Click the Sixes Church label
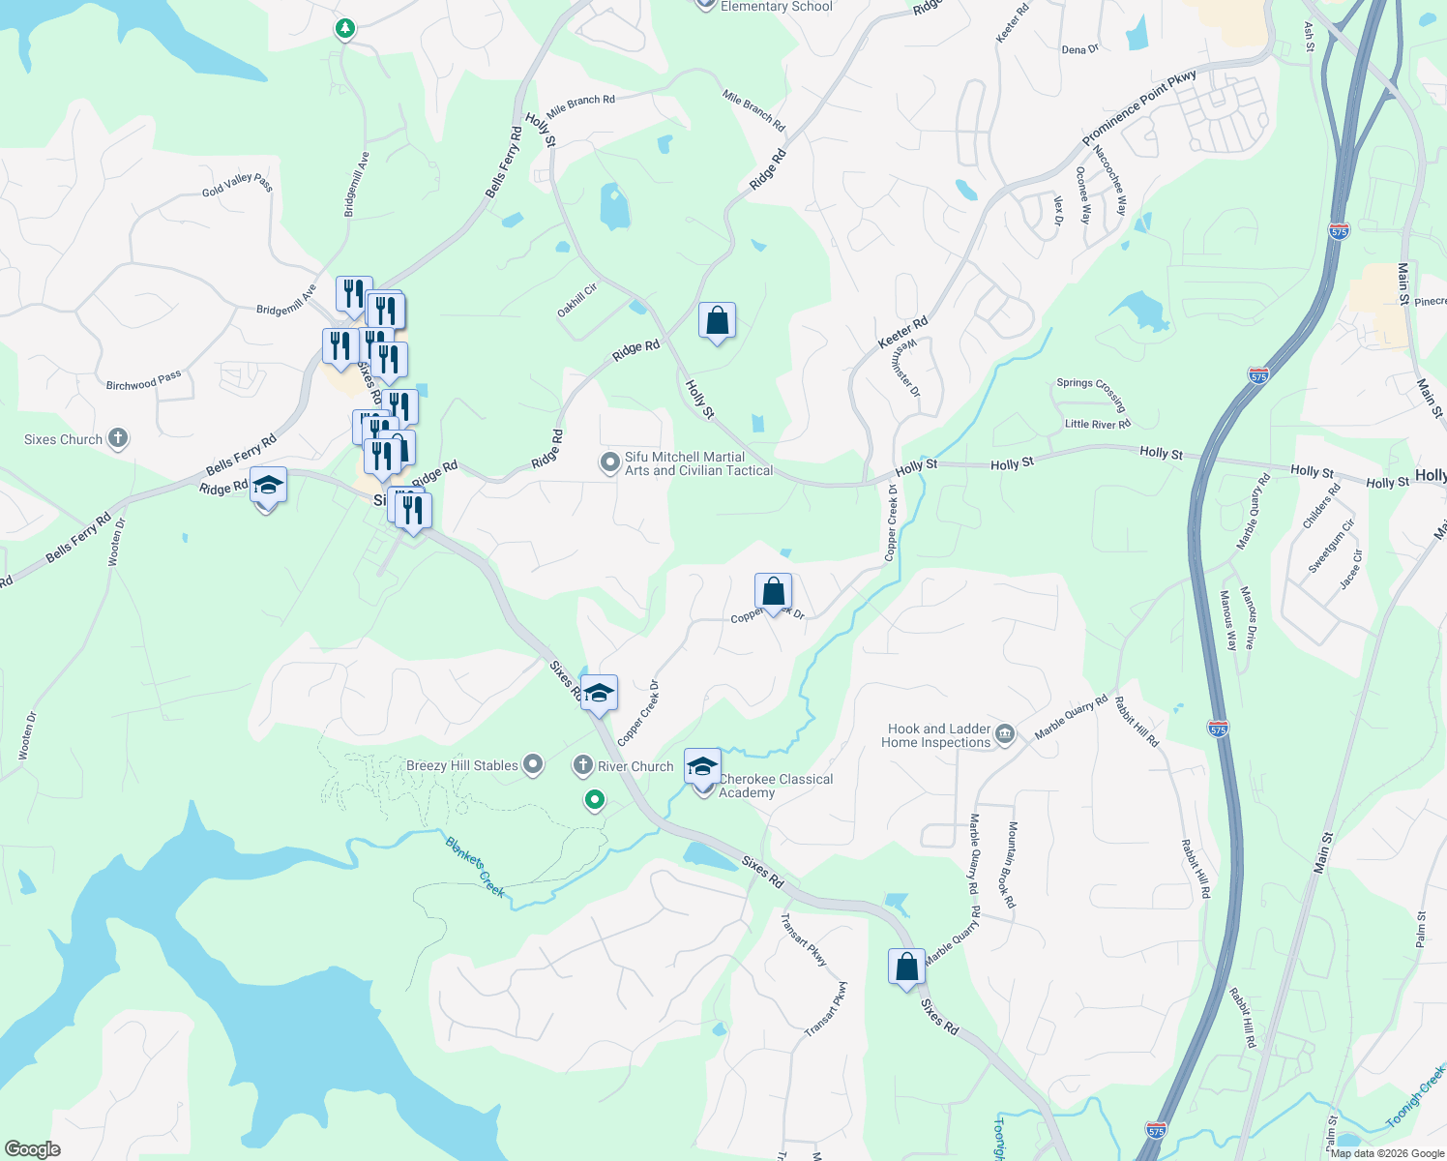(x=63, y=439)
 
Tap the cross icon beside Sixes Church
(x=117, y=438)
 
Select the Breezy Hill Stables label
(x=462, y=765)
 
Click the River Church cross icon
(x=582, y=765)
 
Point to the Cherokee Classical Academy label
(x=775, y=786)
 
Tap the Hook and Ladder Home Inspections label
(x=935, y=735)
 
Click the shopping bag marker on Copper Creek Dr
(x=773, y=591)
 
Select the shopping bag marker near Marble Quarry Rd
(x=906, y=967)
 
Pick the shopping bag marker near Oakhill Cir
(x=717, y=320)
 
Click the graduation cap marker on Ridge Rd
(x=268, y=486)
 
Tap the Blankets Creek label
(x=475, y=867)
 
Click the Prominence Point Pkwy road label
(x=1138, y=108)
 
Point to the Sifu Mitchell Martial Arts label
(x=698, y=463)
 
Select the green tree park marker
(x=345, y=29)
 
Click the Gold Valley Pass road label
(x=238, y=184)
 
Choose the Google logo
(x=32, y=1149)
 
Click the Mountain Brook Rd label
(x=1012, y=865)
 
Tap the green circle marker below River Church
(x=595, y=800)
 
